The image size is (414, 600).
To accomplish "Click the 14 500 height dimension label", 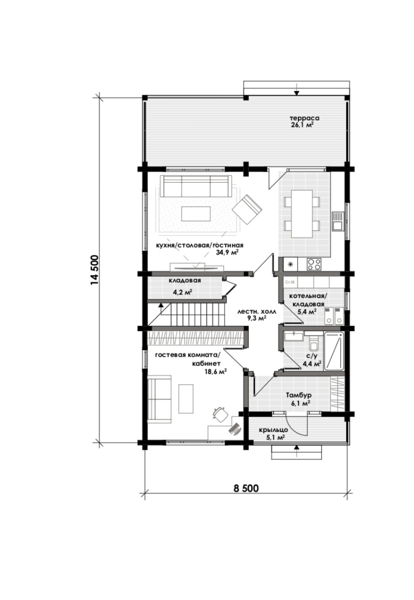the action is (95, 270).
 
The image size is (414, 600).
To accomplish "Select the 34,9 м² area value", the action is (227, 252).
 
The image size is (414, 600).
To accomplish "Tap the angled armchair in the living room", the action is (247, 210).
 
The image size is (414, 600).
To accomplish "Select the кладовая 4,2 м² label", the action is (184, 286).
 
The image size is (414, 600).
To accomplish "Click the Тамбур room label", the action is (298, 396).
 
